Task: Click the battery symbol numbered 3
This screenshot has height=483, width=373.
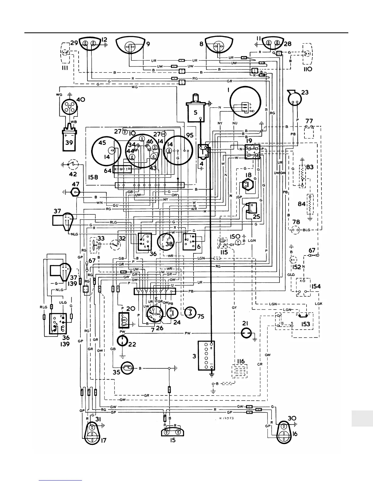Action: [x=206, y=355]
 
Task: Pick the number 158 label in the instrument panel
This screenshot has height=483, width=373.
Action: [x=93, y=177]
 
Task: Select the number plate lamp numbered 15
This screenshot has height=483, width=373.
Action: [x=173, y=432]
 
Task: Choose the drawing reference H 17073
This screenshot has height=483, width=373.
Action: [x=226, y=418]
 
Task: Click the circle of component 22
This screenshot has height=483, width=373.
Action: [x=123, y=340]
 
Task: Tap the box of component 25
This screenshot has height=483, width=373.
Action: [x=253, y=208]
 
